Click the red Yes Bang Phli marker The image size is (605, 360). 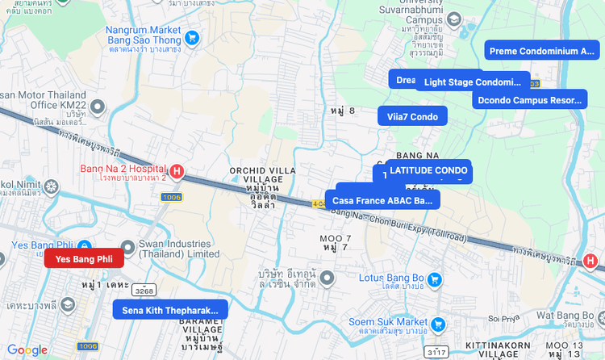[84, 258]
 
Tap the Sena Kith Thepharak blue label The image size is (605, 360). [170, 309]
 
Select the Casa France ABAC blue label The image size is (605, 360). [382, 200]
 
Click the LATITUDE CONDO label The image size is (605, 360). [428, 170]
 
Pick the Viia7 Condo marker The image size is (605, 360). [412, 116]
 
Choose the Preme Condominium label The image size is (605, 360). [541, 51]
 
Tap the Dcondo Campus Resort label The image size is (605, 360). [529, 100]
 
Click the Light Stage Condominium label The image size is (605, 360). [474, 82]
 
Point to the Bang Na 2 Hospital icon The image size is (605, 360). [176, 171]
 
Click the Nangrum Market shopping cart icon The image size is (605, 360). [191, 37]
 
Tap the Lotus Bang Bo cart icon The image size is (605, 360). [434, 279]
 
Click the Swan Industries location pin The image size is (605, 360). [127, 247]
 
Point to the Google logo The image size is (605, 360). [27, 350]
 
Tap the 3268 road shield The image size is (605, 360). [144, 291]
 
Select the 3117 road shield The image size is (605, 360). [436, 353]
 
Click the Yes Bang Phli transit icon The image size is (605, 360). [86, 245]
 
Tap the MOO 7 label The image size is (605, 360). [336, 238]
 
